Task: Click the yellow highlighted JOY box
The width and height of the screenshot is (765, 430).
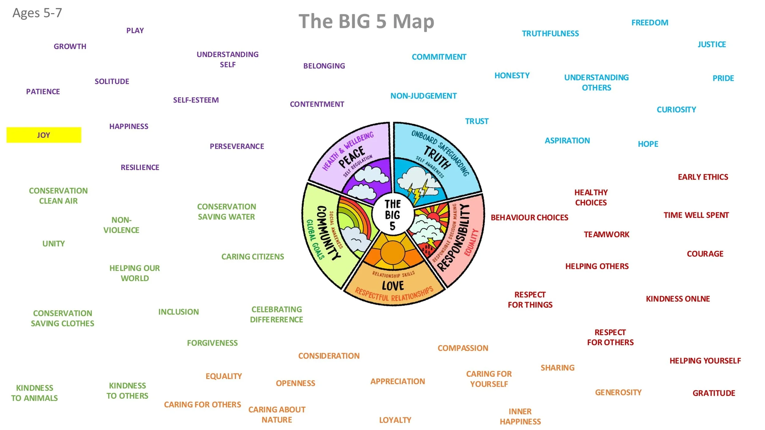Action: click(x=44, y=135)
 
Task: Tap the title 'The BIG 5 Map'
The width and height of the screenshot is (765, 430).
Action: click(x=366, y=21)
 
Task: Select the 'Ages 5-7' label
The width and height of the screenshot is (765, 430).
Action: click(x=37, y=13)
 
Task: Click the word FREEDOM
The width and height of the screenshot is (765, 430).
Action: click(x=650, y=23)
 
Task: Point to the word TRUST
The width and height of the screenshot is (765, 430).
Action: click(x=476, y=121)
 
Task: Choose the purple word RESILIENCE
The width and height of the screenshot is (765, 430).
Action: click(x=140, y=168)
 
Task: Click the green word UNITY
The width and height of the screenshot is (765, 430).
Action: click(x=54, y=244)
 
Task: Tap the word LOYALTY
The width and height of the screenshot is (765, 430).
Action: click(x=395, y=420)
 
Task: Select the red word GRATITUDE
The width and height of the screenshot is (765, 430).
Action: click(x=714, y=393)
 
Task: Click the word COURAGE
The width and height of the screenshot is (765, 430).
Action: click(x=705, y=254)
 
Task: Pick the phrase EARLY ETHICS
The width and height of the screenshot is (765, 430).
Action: click(x=703, y=177)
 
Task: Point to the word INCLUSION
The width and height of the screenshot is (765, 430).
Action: click(x=178, y=312)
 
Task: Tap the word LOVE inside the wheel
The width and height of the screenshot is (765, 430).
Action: click(x=393, y=286)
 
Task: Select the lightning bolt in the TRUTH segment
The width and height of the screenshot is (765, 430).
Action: click(x=418, y=191)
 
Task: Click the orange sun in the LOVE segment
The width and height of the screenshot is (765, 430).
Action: click(x=393, y=252)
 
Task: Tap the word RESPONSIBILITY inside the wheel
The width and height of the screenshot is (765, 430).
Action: click(x=454, y=239)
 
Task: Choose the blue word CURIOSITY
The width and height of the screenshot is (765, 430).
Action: click(x=676, y=109)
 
